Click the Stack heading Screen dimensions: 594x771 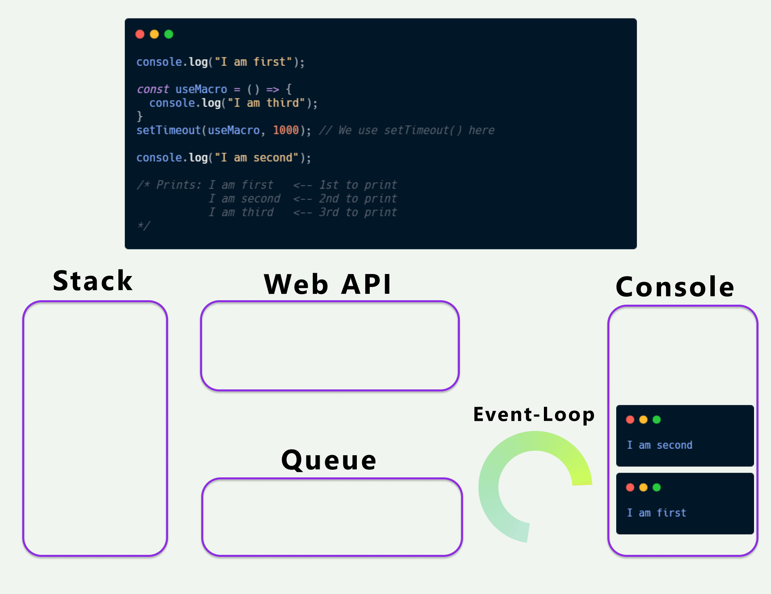pos(93,281)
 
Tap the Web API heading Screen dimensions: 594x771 pos(327,284)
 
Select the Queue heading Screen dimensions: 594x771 pos(329,460)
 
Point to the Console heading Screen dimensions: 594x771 pos(675,287)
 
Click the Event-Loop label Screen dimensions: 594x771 pos(534,414)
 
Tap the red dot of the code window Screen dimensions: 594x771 pos(140,34)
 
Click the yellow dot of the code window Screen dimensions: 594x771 pos(154,34)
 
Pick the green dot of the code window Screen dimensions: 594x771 pos(169,34)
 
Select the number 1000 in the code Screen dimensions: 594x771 pos(286,130)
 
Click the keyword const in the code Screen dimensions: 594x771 pos(153,89)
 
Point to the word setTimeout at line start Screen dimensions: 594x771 pos(169,130)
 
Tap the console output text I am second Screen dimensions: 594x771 pos(659,445)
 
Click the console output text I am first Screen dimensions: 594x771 pos(656,513)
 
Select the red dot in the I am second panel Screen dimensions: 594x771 pos(630,420)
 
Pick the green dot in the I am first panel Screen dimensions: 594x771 pos(657,487)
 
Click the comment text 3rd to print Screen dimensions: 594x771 pos(358,212)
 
